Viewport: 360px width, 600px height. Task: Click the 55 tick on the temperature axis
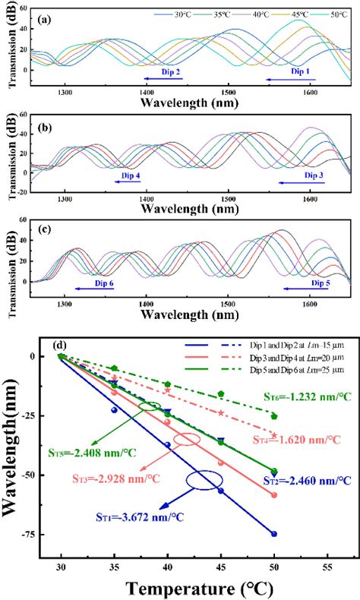point(327,566)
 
